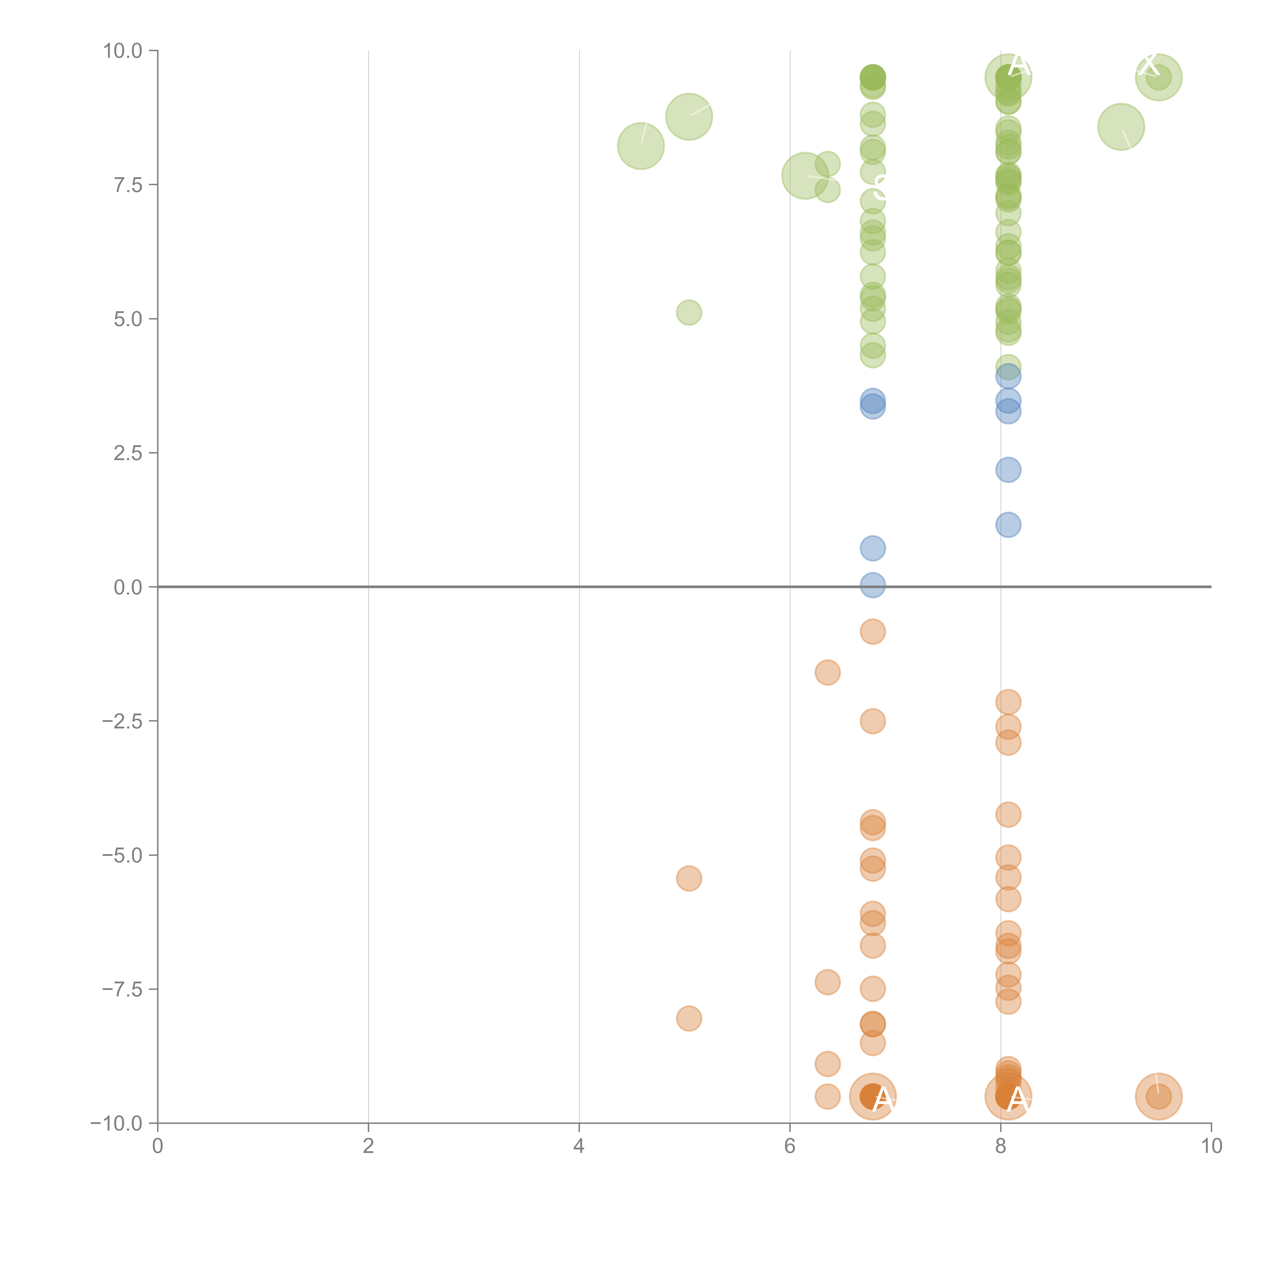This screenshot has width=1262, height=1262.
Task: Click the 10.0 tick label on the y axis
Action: coord(122,51)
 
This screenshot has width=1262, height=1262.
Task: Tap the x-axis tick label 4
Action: coord(579,1146)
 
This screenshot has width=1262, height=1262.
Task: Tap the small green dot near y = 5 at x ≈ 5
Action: coord(689,313)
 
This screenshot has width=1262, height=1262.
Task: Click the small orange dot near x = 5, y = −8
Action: coord(689,1018)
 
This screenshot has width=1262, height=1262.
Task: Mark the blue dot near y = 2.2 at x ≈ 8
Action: coord(1008,470)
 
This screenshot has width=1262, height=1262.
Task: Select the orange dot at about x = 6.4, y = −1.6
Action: coord(827,672)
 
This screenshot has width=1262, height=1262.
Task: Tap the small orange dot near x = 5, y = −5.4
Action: coord(689,879)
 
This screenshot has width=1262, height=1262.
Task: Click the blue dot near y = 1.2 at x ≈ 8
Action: coord(1008,524)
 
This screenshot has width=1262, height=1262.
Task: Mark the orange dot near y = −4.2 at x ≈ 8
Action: coord(1008,814)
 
